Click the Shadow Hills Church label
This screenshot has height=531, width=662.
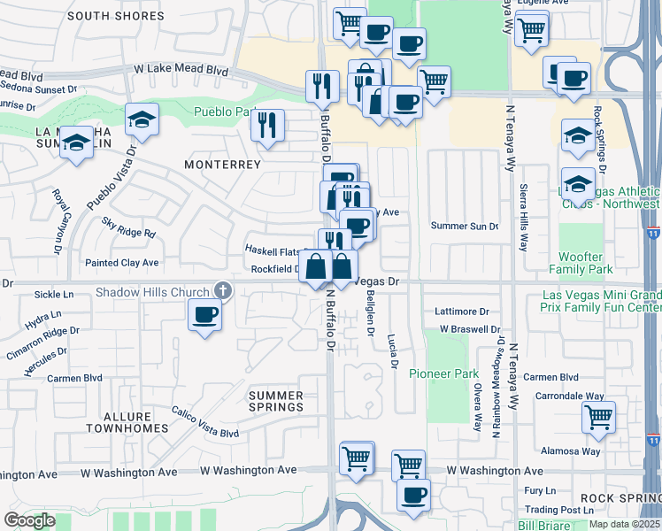click(153, 291)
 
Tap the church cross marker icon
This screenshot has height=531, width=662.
click(222, 290)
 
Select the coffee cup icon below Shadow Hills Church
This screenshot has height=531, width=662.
click(205, 314)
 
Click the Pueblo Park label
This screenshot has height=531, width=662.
click(224, 112)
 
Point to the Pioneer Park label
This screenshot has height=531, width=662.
click(443, 373)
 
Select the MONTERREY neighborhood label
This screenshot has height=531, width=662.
click(222, 165)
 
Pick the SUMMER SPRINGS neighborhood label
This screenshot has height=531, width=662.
click(275, 401)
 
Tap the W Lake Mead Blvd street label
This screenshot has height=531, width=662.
click(181, 70)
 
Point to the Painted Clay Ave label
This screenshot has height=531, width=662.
click(121, 263)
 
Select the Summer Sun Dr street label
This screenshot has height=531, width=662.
click(465, 227)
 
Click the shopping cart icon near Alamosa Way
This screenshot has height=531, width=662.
click(599, 416)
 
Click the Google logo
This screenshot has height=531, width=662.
click(29, 520)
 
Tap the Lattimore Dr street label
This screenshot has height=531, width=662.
click(462, 312)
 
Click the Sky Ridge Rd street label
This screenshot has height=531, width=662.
click(129, 227)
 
